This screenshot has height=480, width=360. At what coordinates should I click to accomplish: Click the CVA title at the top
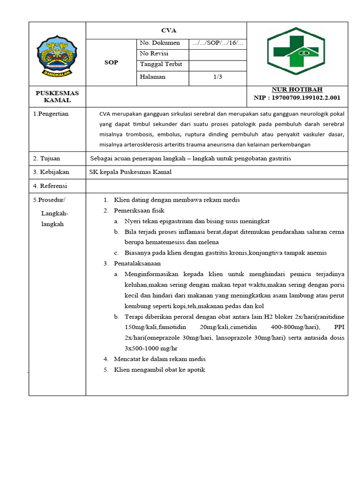tap(168, 30)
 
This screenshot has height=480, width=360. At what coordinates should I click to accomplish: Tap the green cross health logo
tap(296, 51)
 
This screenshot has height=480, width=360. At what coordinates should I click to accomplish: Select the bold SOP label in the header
tap(111, 62)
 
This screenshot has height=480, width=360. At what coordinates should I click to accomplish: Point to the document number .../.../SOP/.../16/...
tap(217, 43)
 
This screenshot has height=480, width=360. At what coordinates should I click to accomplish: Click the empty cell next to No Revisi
tap(217, 54)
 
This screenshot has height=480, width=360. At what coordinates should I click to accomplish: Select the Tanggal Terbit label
tap(161, 65)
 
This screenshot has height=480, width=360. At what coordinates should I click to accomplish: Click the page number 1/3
tap(217, 77)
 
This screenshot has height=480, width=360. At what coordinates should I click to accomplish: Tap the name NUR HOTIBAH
tap(297, 90)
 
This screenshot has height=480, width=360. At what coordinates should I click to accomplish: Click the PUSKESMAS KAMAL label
tap(57, 97)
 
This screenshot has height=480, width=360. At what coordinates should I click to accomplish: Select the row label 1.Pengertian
tap(51, 114)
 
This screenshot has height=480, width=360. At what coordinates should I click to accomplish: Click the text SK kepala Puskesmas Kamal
tap(130, 172)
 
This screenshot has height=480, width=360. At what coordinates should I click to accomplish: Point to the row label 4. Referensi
tap(50, 186)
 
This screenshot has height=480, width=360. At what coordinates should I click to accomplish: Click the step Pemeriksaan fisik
tap(139, 210)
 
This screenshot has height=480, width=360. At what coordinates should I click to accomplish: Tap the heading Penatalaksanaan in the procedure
tap(141, 263)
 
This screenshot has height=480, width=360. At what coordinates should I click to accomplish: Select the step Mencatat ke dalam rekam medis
tap(159, 359)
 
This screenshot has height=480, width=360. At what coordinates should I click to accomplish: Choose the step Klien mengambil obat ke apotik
tap(159, 369)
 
